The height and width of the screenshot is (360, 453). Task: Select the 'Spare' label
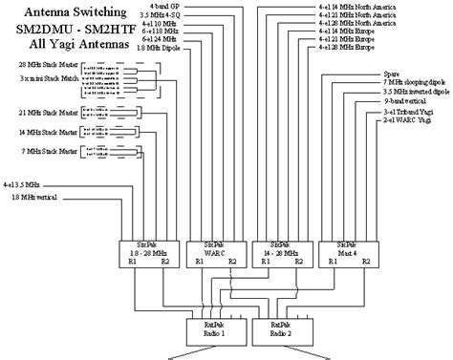(391, 73)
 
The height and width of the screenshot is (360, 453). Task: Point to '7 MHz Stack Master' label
(44, 151)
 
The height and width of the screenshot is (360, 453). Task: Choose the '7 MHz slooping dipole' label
(412, 82)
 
